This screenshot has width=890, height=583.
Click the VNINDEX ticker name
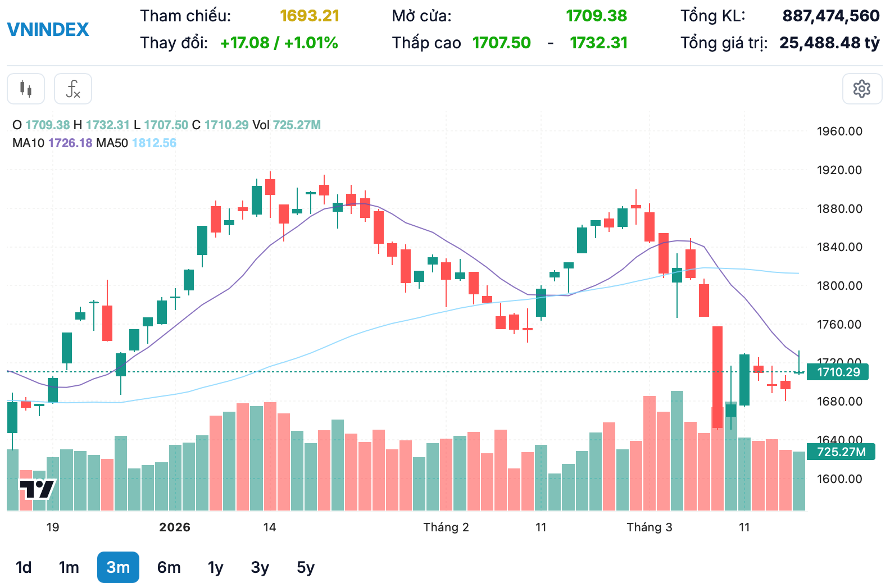pos(48,29)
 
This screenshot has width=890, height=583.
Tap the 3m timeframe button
pos(118,567)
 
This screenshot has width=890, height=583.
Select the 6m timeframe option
pos(169,567)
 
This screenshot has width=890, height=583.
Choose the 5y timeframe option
pos(306,567)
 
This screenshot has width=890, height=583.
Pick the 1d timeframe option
pos(24,567)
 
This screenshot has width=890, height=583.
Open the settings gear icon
pos(861,89)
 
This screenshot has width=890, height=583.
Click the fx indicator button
pos(73,89)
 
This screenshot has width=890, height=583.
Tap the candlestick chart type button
pos(26,89)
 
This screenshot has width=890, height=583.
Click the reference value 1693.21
pos(310,16)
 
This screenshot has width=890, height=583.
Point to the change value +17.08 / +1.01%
pos(279,43)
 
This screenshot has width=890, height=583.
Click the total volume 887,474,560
pos(830,16)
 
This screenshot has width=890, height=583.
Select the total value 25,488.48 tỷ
pos(829,43)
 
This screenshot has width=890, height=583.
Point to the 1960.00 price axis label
pos(839,131)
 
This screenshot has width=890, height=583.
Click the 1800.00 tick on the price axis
pos(839,285)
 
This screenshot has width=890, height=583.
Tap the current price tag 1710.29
pos(838,372)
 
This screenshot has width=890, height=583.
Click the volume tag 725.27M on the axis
pos(841,452)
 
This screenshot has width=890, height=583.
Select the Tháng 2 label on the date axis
pos(446,527)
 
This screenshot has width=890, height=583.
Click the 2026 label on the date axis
pos(175,527)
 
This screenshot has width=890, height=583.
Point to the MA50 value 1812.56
pos(154,143)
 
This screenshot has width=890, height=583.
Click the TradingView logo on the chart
pos(38,489)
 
